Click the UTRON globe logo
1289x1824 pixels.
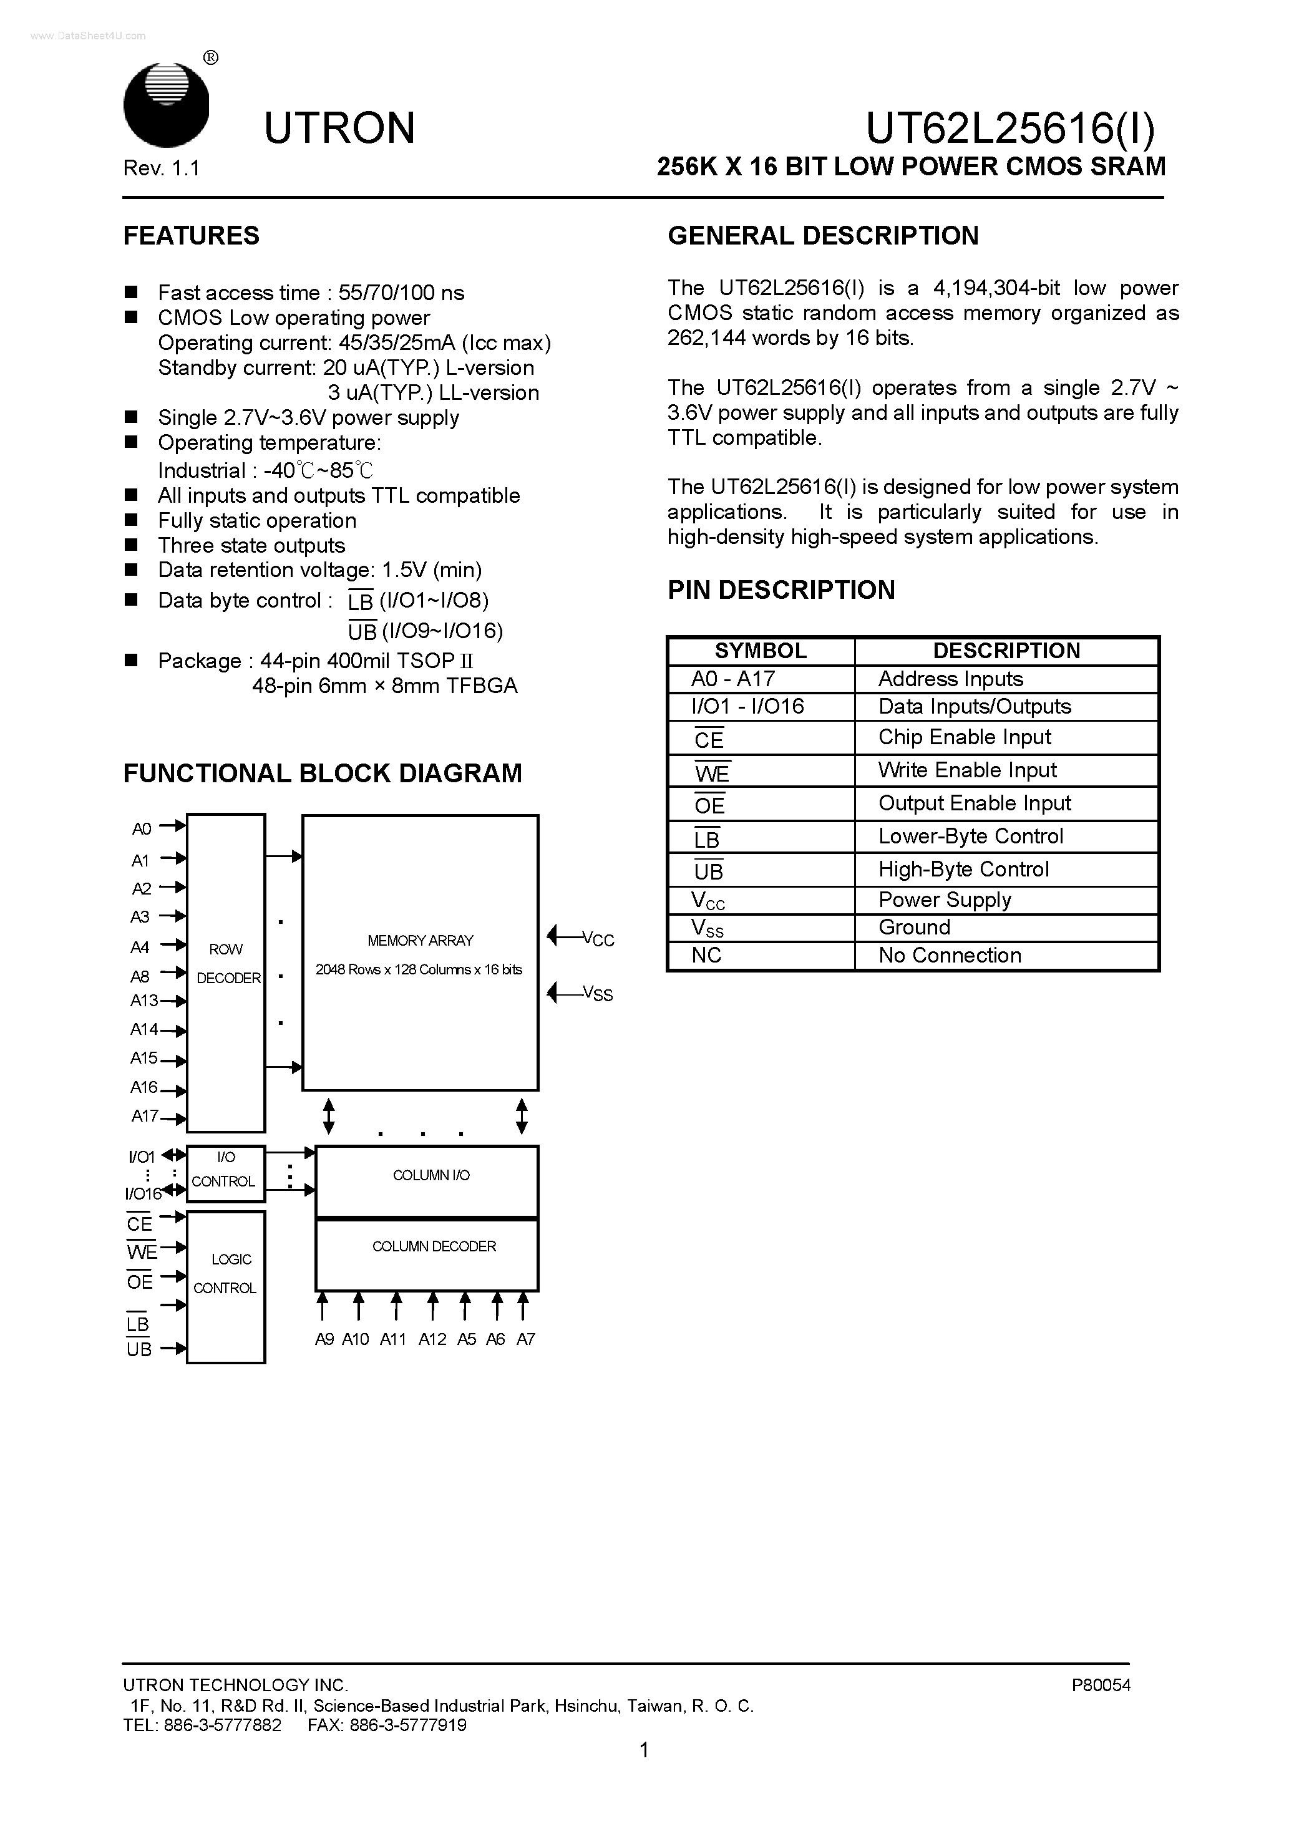coord(166,104)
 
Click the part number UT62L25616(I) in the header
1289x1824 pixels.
coord(1010,128)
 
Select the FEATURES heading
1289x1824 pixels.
coord(191,236)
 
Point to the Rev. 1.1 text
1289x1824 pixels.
coord(162,168)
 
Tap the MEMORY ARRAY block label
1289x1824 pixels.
coord(421,941)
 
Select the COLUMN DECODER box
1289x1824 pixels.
coord(433,1247)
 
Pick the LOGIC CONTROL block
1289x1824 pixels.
coord(226,1273)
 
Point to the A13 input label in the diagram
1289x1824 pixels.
coord(144,1001)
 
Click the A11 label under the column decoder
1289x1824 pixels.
coord(392,1339)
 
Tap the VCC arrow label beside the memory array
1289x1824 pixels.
coord(598,940)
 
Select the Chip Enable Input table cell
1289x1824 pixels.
coord(964,737)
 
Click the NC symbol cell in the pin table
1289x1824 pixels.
coord(706,956)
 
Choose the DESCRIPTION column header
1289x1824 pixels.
coord(1006,651)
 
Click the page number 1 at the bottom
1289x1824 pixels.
coord(644,1772)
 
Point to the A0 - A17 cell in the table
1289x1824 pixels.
coord(732,679)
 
